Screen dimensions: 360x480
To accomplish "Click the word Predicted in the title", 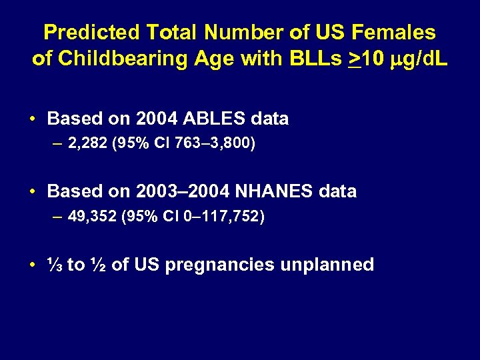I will pyautogui.click(x=91, y=32).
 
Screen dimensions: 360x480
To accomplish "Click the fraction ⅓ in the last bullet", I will pyautogui.click(x=55, y=265).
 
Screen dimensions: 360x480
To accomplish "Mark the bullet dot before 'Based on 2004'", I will pyautogui.click(x=33, y=119).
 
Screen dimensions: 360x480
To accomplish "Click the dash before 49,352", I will pyautogui.click(x=58, y=217).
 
